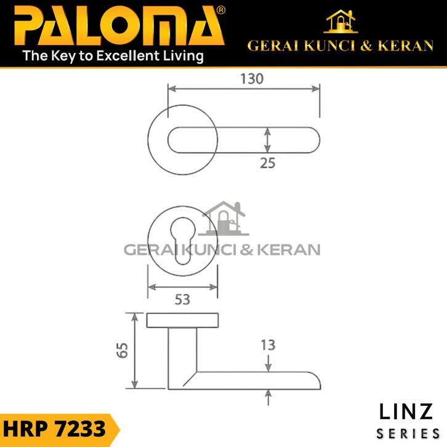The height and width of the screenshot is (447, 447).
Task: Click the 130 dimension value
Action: (252, 79)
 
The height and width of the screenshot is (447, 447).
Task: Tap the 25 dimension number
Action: (267, 163)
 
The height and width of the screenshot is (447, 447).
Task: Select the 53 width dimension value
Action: (182, 300)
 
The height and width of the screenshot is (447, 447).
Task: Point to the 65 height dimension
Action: (123, 350)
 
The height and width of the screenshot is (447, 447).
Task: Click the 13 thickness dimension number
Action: (268, 345)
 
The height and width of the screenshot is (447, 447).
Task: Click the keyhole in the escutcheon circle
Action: (182, 241)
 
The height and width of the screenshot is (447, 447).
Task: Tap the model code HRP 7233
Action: (54, 429)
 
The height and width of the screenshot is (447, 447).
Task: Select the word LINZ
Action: (406, 412)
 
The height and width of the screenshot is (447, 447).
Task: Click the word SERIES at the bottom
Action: (408, 434)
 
